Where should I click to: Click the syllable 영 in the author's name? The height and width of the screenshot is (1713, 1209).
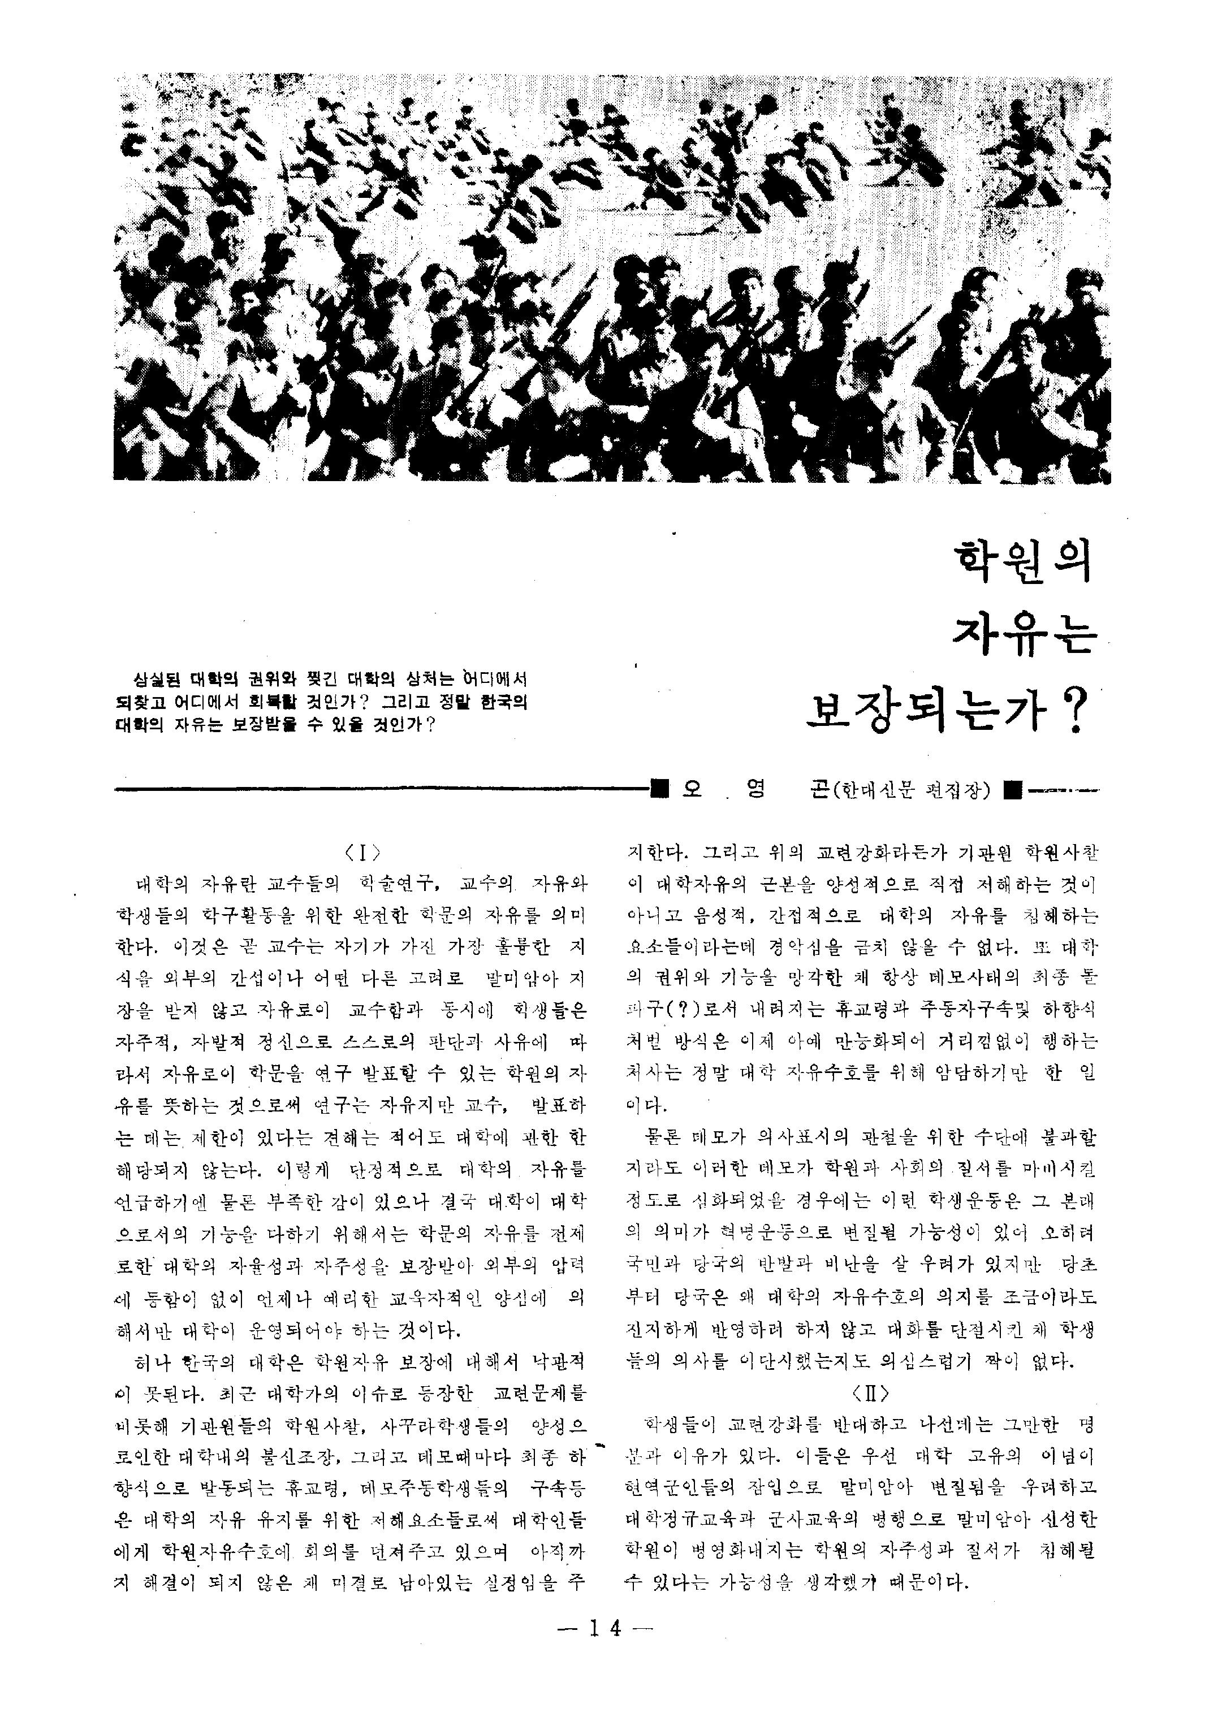(x=755, y=789)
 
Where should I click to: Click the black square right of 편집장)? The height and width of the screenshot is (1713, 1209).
(x=1013, y=789)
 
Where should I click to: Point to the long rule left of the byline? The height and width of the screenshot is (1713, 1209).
(x=381, y=789)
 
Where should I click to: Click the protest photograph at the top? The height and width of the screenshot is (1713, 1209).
(x=612, y=280)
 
